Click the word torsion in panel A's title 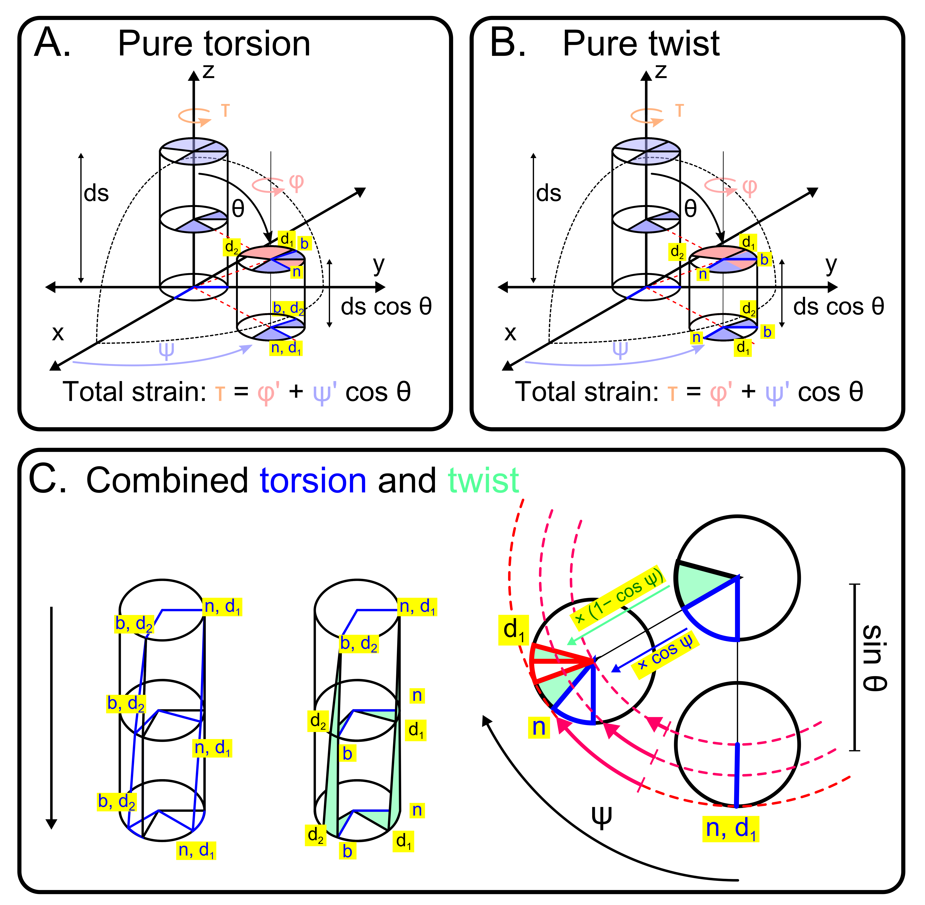point(257,44)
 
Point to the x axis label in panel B point(510,333)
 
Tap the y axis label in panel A point(379,265)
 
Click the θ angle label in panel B point(690,208)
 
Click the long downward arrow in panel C point(51,718)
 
